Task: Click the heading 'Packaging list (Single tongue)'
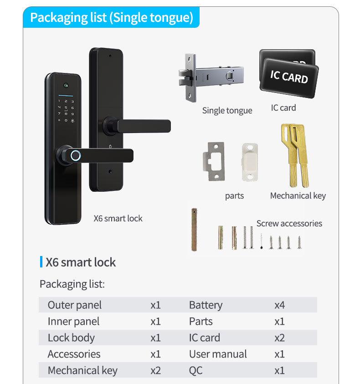click(x=112, y=18)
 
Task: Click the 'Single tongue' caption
click(x=227, y=110)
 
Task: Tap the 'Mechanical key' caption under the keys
click(x=298, y=195)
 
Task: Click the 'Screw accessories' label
click(x=289, y=223)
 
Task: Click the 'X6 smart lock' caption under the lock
click(x=118, y=218)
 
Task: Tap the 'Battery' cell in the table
click(x=206, y=305)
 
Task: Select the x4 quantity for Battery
click(x=279, y=305)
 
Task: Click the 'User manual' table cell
click(x=218, y=354)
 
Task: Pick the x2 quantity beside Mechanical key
click(x=155, y=370)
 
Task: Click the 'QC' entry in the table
click(x=195, y=370)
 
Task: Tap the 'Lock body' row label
click(x=71, y=338)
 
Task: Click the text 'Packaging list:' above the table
click(x=72, y=284)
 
